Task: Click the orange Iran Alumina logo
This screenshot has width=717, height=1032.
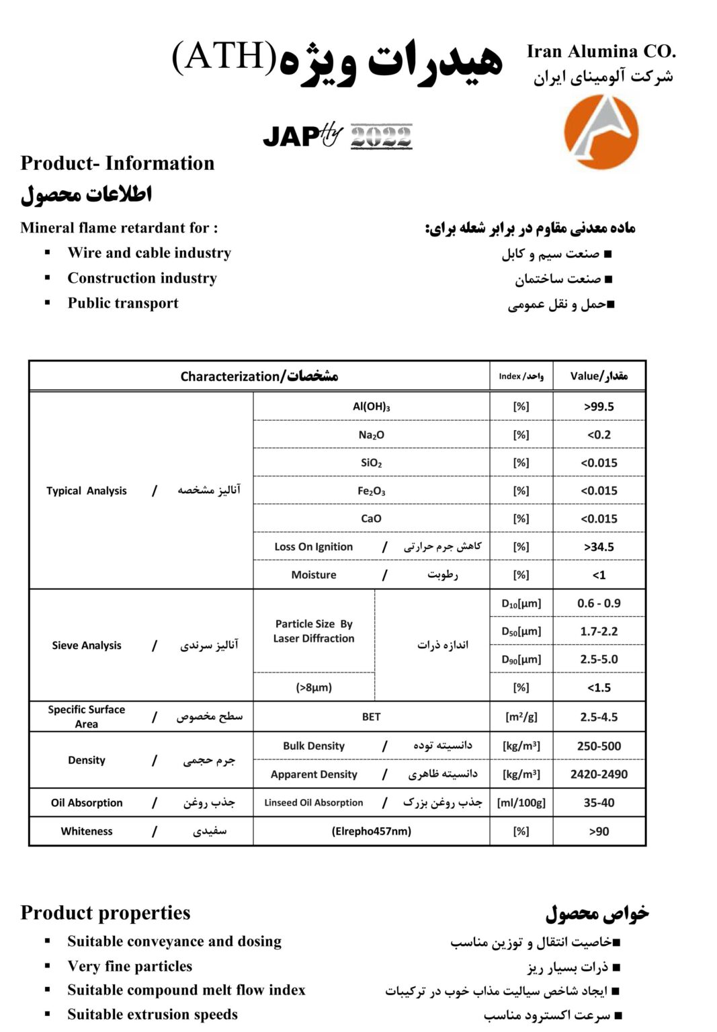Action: click(x=600, y=132)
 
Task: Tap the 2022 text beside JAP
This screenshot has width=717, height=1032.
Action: click(x=381, y=136)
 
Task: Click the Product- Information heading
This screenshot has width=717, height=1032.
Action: click(x=118, y=163)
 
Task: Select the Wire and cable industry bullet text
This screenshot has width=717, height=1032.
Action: click(x=149, y=253)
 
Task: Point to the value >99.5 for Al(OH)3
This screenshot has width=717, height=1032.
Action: click(x=599, y=406)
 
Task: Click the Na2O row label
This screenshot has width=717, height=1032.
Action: click(x=371, y=435)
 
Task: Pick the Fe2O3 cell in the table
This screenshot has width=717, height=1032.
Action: click(x=371, y=491)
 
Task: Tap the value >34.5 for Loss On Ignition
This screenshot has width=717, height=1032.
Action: click(x=599, y=547)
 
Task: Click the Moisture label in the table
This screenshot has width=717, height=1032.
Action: click(x=314, y=575)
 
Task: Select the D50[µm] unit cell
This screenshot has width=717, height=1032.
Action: click(x=521, y=632)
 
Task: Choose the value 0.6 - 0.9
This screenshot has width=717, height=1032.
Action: click(x=599, y=603)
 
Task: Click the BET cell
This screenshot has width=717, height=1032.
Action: click(x=371, y=717)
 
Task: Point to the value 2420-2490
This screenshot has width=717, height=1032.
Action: click(x=599, y=774)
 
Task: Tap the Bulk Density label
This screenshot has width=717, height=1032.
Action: click(x=314, y=746)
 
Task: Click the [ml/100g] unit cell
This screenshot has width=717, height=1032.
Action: click(x=521, y=803)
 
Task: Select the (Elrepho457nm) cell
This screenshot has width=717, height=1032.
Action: click(x=371, y=831)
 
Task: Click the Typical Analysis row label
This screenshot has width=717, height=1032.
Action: click(x=87, y=491)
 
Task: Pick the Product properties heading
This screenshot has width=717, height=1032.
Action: click(x=106, y=913)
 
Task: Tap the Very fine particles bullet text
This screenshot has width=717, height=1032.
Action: click(x=130, y=966)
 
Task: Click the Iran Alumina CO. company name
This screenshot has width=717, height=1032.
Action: click(x=601, y=52)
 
